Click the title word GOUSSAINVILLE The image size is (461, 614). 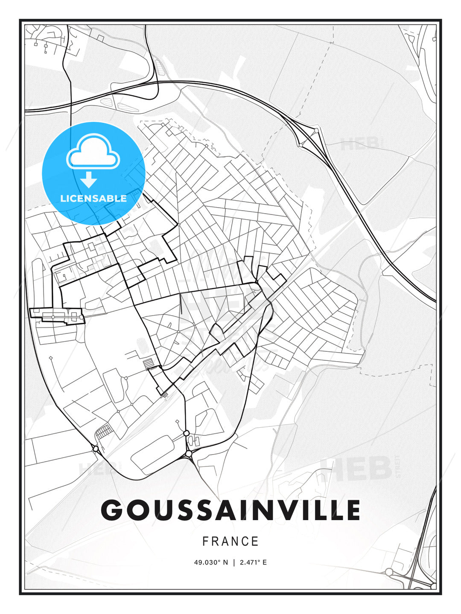pyautogui.click(x=230, y=510)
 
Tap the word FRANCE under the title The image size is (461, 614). pyautogui.click(x=230, y=542)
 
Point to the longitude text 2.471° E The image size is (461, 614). pyautogui.click(x=253, y=562)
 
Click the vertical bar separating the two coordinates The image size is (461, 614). pyautogui.click(x=234, y=562)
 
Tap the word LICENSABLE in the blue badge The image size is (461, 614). pyautogui.click(x=93, y=198)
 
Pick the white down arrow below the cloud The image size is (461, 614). pyautogui.click(x=89, y=180)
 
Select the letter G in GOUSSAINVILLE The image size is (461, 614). pyautogui.click(x=112, y=510)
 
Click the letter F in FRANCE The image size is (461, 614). pyautogui.click(x=205, y=542)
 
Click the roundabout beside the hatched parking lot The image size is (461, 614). pyautogui.click(x=96, y=449)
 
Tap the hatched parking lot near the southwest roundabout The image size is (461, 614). pyautogui.click(x=104, y=432)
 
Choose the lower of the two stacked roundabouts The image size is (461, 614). pyautogui.click(x=189, y=454)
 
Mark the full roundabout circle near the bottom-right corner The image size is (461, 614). pyautogui.click(x=389, y=572)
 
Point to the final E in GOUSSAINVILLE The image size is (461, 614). pyautogui.click(x=352, y=510)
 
